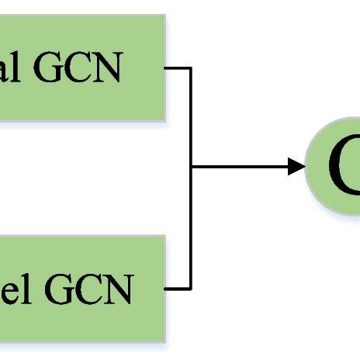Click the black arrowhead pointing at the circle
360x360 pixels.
(x=296, y=166)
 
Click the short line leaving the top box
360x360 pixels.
(x=178, y=68)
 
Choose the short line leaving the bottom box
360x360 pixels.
(x=178, y=289)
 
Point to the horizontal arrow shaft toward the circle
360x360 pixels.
(x=241, y=166)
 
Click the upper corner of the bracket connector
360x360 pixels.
(x=191, y=68)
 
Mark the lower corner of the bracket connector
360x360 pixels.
(x=191, y=289)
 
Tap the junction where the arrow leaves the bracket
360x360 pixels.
(x=191, y=166)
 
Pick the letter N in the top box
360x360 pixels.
(x=111, y=69)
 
